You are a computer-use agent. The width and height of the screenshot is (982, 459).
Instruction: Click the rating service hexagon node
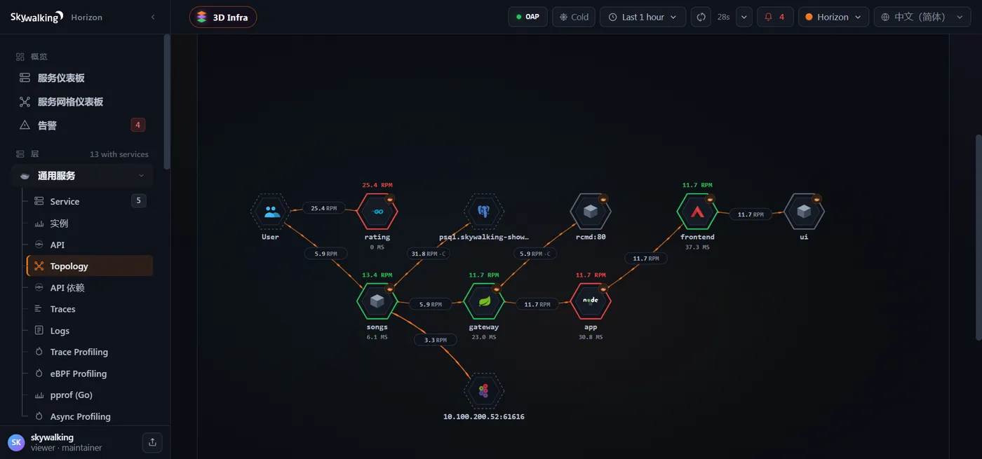[377, 212]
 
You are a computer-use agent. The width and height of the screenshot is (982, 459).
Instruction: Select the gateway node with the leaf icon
[484, 301]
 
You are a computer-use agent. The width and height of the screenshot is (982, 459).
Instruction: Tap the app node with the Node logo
[591, 301]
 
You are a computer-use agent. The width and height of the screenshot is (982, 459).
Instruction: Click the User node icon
[271, 212]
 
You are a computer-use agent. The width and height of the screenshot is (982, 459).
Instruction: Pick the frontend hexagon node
[697, 212]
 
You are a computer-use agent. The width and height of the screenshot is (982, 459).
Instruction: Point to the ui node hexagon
[804, 212]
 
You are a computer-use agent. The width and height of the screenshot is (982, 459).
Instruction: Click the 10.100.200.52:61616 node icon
[484, 391]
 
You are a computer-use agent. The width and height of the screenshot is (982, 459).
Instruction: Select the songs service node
[377, 301]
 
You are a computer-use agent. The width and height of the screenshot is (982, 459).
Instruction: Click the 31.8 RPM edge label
[429, 254]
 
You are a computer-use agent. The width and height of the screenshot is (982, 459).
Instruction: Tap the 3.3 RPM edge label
[436, 340]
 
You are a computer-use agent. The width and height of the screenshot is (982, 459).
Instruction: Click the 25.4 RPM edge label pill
[324, 208]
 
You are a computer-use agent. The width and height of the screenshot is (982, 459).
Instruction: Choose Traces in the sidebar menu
[62, 309]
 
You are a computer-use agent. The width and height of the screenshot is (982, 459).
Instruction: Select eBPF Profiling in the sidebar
[79, 374]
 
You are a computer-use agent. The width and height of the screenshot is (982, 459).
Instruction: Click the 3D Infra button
[223, 17]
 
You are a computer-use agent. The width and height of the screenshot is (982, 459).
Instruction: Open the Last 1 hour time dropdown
[643, 17]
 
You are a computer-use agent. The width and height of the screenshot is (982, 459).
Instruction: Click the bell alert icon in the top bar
[768, 17]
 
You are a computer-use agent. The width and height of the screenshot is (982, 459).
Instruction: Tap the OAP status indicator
[527, 17]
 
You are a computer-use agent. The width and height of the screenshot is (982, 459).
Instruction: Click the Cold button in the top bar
[574, 17]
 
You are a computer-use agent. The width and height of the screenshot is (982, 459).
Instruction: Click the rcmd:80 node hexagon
[591, 212]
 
